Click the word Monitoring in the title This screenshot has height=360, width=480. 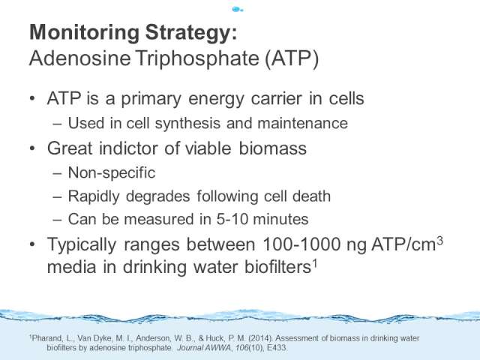click(85, 33)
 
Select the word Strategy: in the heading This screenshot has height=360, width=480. click(191, 33)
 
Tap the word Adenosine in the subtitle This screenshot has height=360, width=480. click(80, 58)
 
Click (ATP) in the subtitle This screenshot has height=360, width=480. click(292, 58)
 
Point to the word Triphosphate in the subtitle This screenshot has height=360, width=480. click(197, 58)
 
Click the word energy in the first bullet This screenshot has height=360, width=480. click(216, 100)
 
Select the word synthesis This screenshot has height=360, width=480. click(187, 124)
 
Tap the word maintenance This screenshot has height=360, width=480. click(302, 123)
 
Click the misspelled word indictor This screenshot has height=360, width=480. click(129, 148)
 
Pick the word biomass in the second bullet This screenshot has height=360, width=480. click(272, 148)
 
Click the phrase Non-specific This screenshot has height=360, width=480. click(112, 173)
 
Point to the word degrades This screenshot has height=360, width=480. click(157, 196)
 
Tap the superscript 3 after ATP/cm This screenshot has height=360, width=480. click(439, 241)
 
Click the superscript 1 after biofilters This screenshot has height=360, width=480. click(314, 263)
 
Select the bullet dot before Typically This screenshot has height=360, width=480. click(32, 244)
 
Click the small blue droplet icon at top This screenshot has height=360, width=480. click(237, 10)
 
